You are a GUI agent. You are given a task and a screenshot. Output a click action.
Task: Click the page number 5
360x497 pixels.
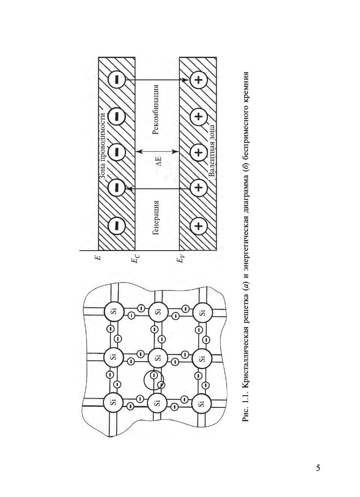pos(318,468)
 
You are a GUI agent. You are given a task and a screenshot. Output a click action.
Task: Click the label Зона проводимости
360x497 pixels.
pos(102,146)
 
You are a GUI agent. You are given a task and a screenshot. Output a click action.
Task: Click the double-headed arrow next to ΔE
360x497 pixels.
pos(158,151)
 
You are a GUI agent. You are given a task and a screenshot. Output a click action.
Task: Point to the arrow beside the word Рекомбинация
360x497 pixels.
pos(157,80)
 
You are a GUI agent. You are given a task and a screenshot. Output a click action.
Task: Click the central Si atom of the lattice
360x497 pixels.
pos(158,357)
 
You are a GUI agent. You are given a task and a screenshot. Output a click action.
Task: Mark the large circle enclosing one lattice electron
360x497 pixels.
pos(144,381)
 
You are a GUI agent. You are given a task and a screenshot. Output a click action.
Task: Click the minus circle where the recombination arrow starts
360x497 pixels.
pos(117,80)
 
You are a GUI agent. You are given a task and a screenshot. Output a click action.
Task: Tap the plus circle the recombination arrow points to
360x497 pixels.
pos(198,80)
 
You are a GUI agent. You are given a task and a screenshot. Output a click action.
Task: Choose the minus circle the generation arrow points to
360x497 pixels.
pos(117,188)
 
